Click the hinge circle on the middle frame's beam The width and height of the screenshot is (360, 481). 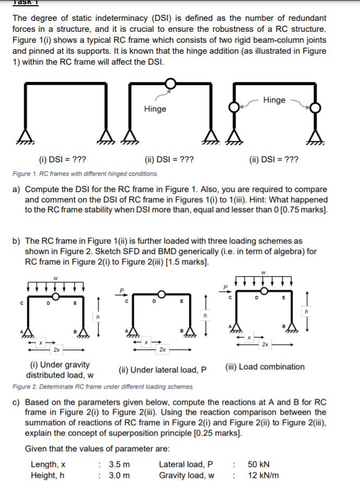[x=171, y=82]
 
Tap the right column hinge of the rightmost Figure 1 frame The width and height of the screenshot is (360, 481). [x=315, y=107]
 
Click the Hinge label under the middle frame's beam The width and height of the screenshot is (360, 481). [x=155, y=109]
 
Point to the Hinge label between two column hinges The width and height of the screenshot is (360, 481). [x=274, y=100]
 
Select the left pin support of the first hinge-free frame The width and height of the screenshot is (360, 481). [x=24, y=135]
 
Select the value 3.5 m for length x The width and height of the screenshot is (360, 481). [x=119, y=464]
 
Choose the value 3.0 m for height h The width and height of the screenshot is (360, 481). [x=119, y=475]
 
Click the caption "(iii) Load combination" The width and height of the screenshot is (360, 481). [x=265, y=367]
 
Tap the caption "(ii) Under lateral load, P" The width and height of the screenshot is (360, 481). [x=162, y=370]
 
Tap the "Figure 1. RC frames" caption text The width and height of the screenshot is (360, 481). [x=85, y=173]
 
